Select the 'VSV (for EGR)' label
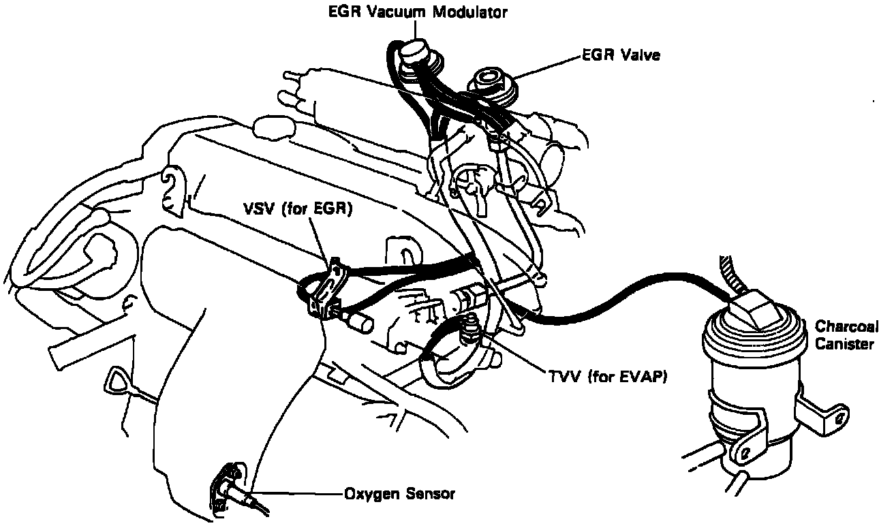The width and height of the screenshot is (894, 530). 297,210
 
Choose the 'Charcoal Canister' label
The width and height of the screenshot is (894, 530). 844,335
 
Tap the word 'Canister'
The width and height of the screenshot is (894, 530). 844,345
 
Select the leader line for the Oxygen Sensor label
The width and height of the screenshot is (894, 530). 300,493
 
